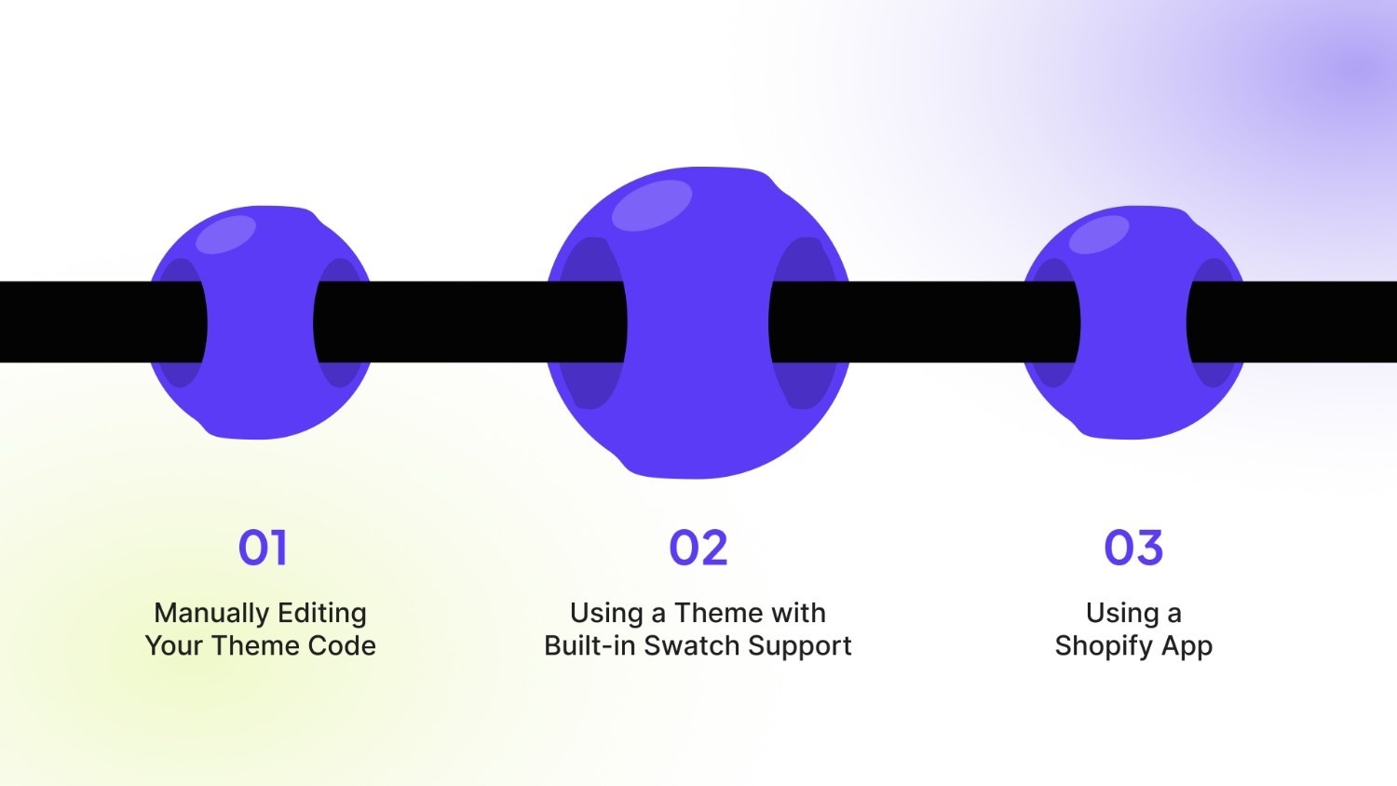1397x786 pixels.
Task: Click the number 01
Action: coord(263,548)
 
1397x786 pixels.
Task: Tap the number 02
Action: coord(698,548)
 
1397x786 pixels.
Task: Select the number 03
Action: coord(1133,548)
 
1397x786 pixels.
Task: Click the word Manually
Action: coord(208,614)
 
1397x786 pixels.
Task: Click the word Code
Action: coord(343,645)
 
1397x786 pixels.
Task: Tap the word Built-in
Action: coord(590,645)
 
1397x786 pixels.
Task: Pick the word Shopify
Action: coord(1103,646)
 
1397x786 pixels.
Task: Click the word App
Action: coord(1186,646)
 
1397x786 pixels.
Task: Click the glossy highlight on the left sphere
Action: coord(226,235)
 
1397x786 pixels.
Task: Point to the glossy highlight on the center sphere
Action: coord(652,206)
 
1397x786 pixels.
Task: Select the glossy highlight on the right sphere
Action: coord(1099,235)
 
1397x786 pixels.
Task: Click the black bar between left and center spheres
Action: coord(466,321)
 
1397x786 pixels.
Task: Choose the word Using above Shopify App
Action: coord(1114,614)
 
